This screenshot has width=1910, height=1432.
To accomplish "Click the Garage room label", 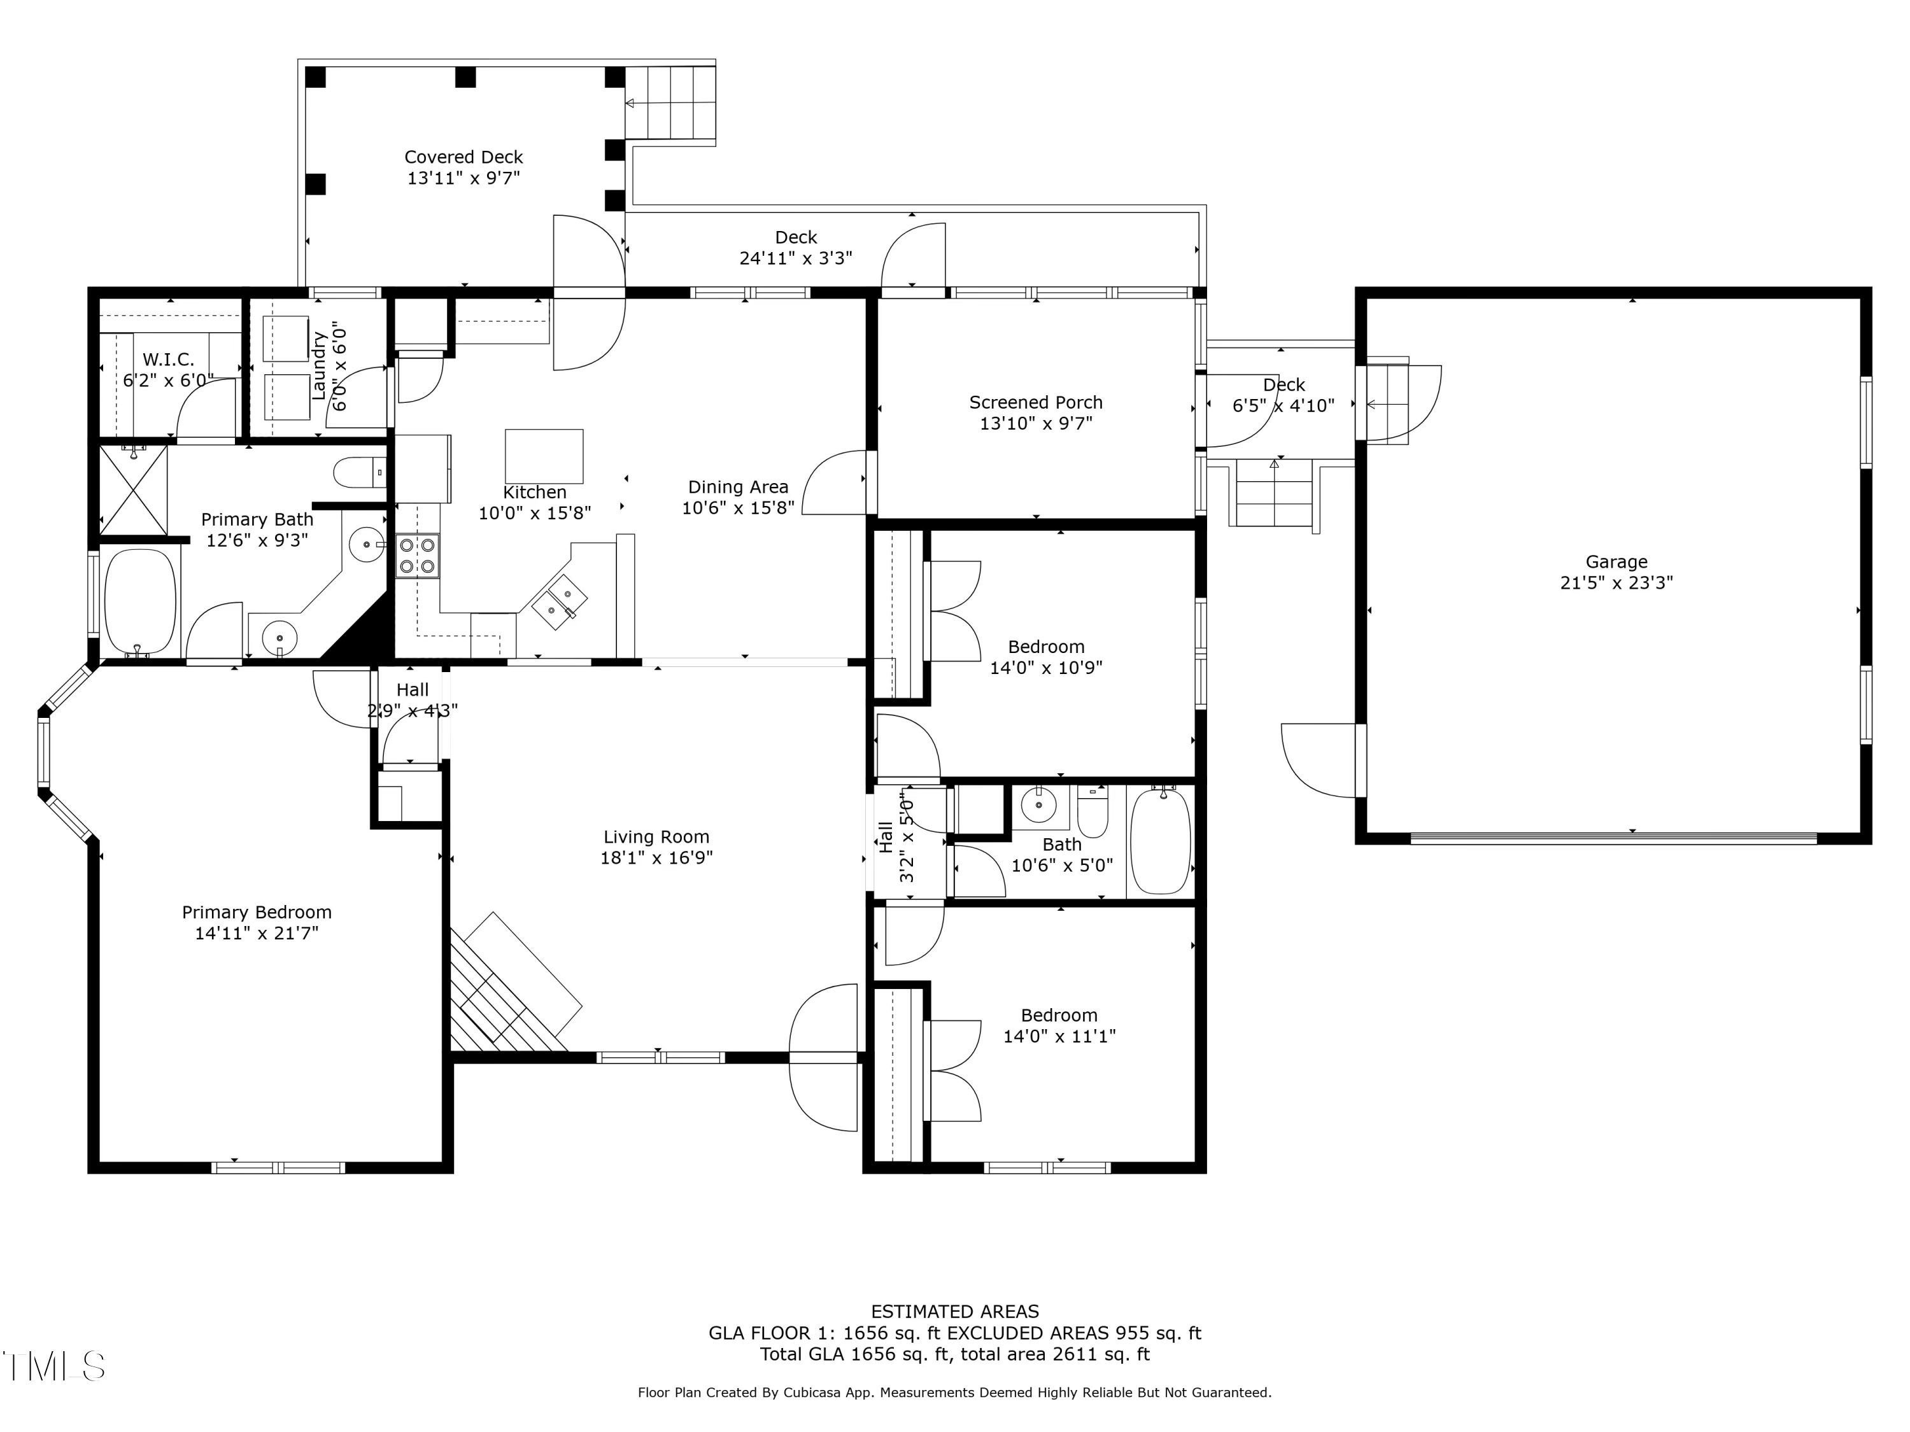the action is [1616, 562].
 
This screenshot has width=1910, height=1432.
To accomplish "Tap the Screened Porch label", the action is [1035, 402].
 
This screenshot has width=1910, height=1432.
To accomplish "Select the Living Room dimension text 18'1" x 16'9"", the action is [656, 858].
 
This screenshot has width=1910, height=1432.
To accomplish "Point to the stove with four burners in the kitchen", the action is [418, 556].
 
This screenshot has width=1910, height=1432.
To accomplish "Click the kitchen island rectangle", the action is [544, 456].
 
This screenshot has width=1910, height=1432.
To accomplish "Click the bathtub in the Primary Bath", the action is [140, 603].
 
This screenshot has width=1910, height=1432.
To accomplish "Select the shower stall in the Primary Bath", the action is [134, 490].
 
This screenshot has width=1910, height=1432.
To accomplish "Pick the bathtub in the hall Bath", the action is [1161, 841].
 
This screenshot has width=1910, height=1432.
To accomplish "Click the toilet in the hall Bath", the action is [1093, 811].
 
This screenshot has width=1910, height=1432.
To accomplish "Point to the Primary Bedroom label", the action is [257, 913].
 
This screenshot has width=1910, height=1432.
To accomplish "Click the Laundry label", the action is [318, 366].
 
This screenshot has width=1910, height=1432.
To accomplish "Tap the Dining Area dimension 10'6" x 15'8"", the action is [739, 507].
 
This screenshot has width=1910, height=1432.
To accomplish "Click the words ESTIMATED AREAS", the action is [955, 1312].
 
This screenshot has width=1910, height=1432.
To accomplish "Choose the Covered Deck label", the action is [463, 157].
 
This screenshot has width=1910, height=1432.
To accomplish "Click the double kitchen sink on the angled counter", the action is [560, 603].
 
